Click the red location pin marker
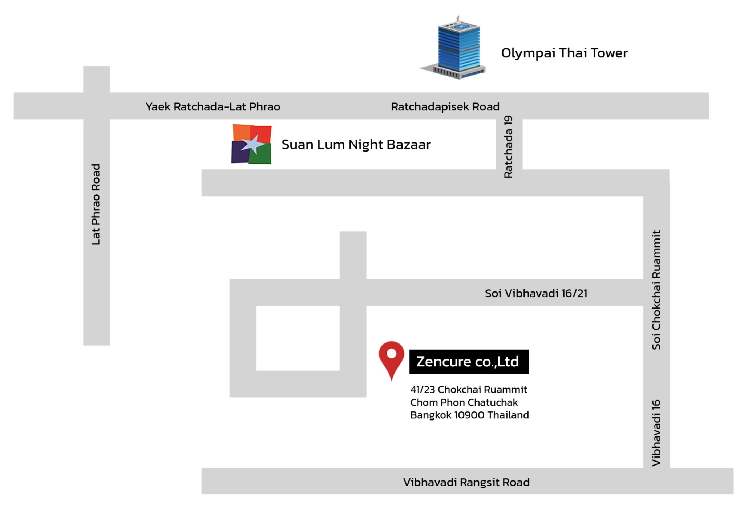pyautogui.click(x=391, y=358)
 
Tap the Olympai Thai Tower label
pyautogui.click(x=564, y=53)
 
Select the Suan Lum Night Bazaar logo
pyautogui.click(x=251, y=144)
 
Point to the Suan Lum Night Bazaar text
pyautogui.click(x=356, y=145)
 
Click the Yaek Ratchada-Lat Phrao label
pyautogui.click(x=213, y=107)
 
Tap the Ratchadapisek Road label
pyautogui.click(x=445, y=107)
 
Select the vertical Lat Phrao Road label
pyautogui.click(x=96, y=204)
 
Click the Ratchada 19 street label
pyautogui.click(x=508, y=147)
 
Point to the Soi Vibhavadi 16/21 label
pyautogui.click(x=536, y=293)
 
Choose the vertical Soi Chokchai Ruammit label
pyautogui.click(x=656, y=290)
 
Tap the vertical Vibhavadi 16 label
pyautogui.click(x=656, y=433)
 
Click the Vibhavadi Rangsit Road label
pyautogui.click(x=466, y=482)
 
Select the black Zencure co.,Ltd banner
pyautogui.click(x=469, y=362)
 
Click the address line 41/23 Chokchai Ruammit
pyautogui.click(x=469, y=390)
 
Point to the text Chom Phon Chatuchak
pyautogui.click(x=464, y=402)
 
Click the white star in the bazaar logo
pyautogui.click(x=253, y=145)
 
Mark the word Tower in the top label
pyautogui.click(x=609, y=53)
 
